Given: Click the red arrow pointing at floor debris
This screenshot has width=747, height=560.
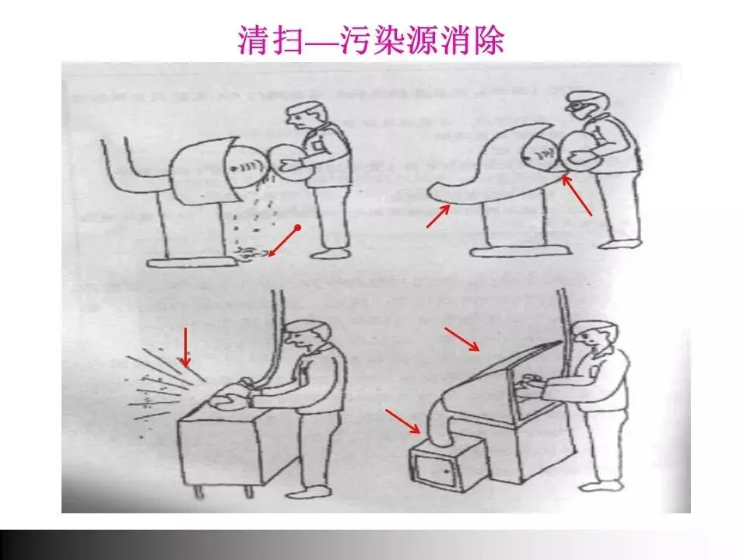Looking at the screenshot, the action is click(284, 241).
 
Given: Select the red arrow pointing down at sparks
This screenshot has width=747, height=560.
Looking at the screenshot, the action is click(185, 348).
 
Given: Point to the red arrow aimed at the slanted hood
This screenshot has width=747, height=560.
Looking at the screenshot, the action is click(461, 338).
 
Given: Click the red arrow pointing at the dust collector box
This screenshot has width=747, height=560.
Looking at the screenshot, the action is click(402, 421).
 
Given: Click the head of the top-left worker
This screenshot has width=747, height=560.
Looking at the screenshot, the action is click(307, 117).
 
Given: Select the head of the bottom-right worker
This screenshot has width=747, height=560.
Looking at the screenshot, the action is click(594, 337).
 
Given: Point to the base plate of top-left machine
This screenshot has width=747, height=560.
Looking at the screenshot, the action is click(191, 262).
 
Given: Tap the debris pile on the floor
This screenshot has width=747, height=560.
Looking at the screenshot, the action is click(248, 255).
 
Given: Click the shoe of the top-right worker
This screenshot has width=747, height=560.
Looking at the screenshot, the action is click(619, 243).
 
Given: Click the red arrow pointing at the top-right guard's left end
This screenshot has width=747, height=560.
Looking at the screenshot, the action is click(438, 215).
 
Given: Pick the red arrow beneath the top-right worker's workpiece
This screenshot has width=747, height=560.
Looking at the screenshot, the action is click(577, 196).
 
